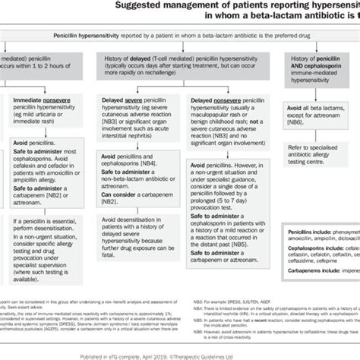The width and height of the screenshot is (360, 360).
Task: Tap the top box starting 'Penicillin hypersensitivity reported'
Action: click(182, 35)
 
